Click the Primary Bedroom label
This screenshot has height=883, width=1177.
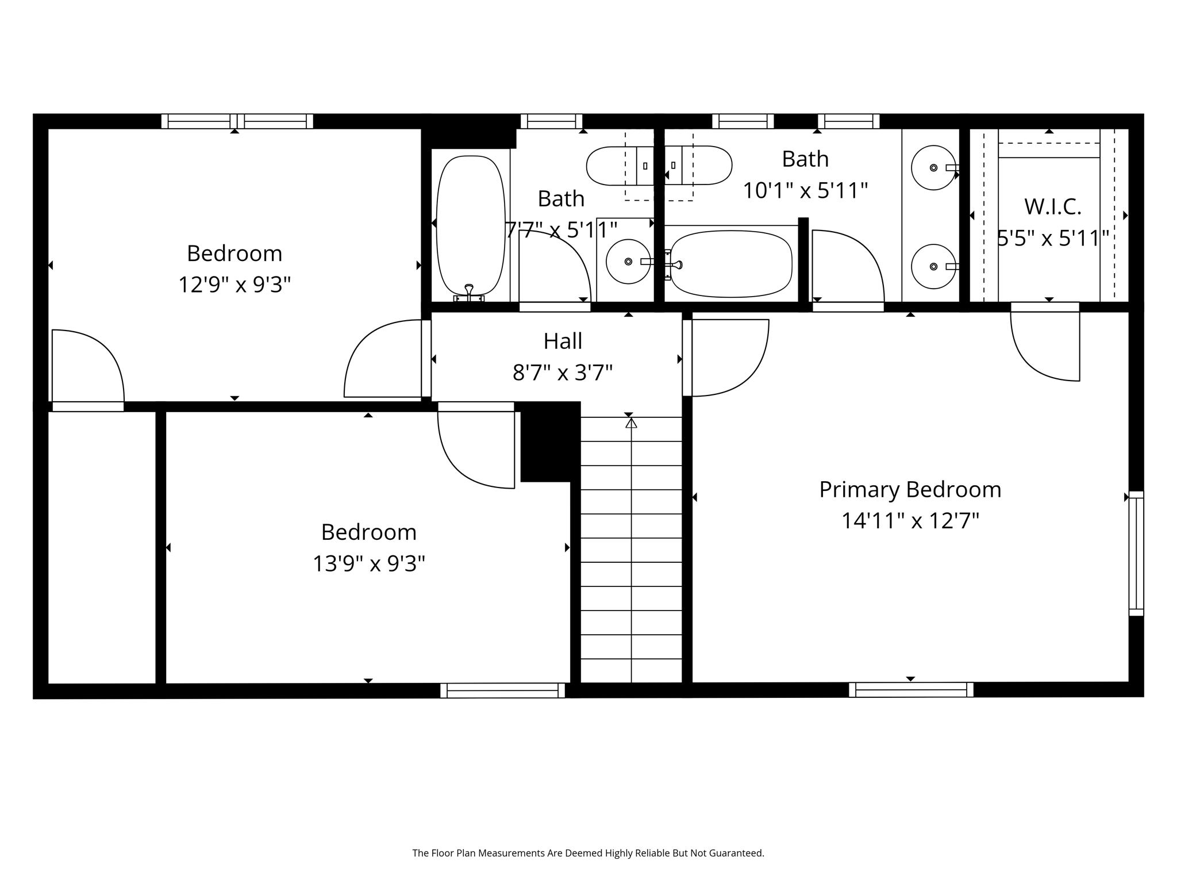pos(910,490)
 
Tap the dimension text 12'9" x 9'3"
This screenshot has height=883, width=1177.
pos(234,285)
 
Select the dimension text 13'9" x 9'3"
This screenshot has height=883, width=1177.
pos(368,563)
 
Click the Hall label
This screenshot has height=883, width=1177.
pos(563,341)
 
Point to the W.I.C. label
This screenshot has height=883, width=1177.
pos(1052,207)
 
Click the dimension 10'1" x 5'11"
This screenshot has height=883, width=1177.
pos(805,190)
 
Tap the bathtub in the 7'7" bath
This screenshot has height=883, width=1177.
pos(471,225)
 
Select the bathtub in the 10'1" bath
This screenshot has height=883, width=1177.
pos(731,263)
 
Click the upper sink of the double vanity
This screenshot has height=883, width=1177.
pos(933,167)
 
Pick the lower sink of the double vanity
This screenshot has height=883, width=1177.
pos(933,266)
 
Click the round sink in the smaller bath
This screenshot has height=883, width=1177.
pos(628,262)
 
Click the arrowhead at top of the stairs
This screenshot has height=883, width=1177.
pos(631,423)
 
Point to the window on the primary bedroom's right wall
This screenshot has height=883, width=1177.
pos(1136,554)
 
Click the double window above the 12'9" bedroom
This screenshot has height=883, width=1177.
pos(237,121)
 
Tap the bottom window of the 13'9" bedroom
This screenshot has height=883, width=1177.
pos(502,690)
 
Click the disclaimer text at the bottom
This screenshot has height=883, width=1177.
pos(588,853)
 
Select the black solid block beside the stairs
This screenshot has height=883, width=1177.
pos(549,441)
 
